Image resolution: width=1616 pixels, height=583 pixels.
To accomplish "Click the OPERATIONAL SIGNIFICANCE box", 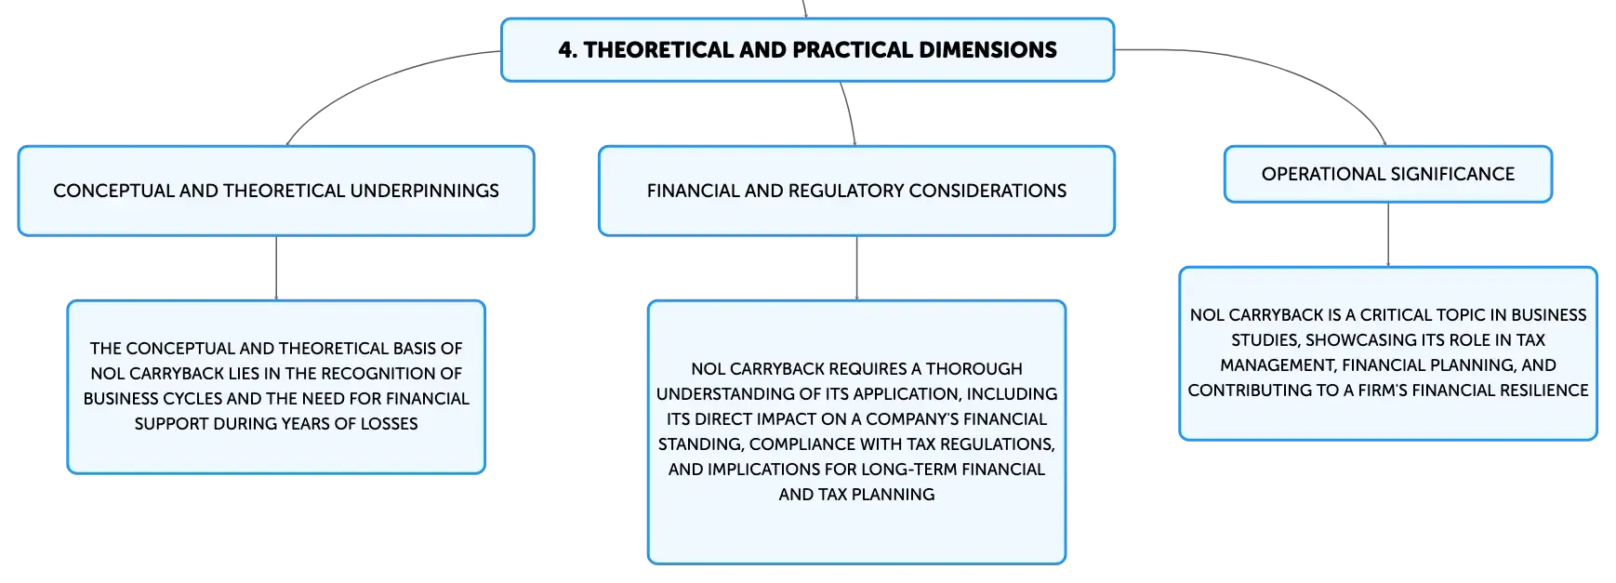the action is (1388, 174).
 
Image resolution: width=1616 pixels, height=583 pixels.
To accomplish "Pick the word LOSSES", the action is (389, 424).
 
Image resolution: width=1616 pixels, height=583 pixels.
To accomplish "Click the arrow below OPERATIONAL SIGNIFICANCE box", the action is (1388, 234).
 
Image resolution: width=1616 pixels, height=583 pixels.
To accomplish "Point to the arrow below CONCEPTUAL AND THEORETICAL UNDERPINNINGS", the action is (276, 268).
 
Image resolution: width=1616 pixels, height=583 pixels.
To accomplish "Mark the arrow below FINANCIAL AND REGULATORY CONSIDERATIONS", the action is (856, 268).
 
